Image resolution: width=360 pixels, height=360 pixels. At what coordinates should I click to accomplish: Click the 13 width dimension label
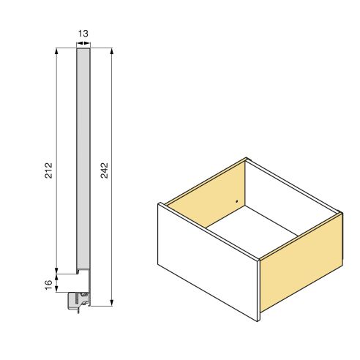pyautogui.click(x=84, y=34)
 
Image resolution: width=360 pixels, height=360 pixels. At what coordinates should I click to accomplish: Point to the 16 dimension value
pyautogui.click(x=48, y=284)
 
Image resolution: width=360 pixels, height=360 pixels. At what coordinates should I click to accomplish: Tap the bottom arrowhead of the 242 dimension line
pyautogui.click(x=111, y=302)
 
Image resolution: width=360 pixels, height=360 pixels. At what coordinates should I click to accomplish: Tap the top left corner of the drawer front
pyautogui.click(x=158, y=204)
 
